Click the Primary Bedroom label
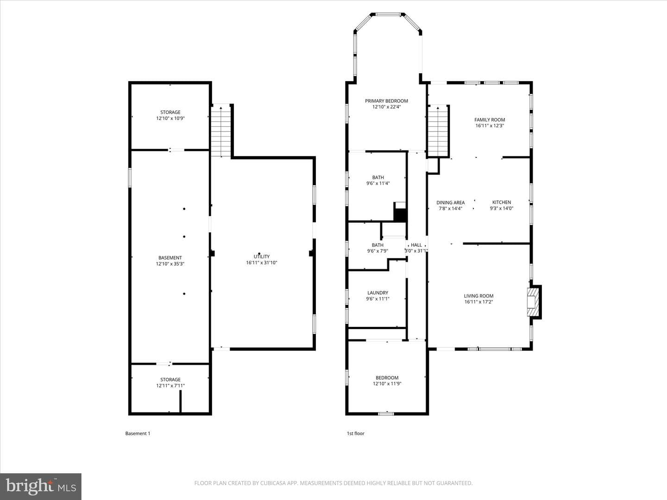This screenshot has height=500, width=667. tap(386, 101)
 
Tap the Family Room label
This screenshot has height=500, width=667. tap(490, 120)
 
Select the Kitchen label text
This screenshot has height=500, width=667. tap(501, 202)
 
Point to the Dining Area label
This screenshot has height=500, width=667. tap(450, 202)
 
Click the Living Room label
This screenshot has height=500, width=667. tap(478, 296)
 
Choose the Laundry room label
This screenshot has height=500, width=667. tap(378, 293)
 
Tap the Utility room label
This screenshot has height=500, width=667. tap(262, 256)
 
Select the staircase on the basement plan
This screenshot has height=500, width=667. tap(221, 131)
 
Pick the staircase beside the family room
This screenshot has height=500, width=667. tap(438, 131)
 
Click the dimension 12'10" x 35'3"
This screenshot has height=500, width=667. tap(170, 264)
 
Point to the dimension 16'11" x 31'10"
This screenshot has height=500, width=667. tap(262, 262)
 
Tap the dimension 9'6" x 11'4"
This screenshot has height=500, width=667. tap(378, 183)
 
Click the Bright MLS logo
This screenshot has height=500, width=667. tap(41, 486)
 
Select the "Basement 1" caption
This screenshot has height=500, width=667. tap(138, 433)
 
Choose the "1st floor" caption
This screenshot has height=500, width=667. tap(356, 433)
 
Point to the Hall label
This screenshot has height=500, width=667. tap(416, 245)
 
